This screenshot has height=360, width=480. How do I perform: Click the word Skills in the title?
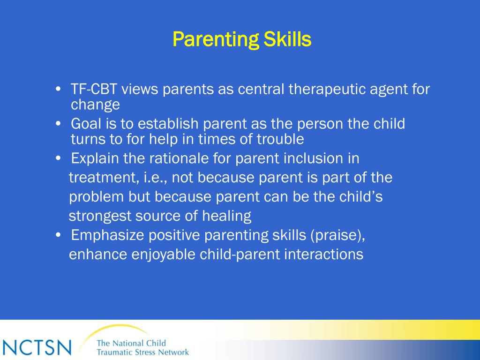tap(287, 39)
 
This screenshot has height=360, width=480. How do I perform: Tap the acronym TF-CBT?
tap(94, 89)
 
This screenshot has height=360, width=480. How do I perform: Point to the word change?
tap(95, 105)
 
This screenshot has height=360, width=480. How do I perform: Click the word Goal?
tap(86, 124)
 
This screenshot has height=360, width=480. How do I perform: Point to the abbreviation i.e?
tap(155, 178)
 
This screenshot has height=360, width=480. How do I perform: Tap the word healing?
tap(227, 216)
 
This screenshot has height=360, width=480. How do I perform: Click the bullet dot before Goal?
tap(59, 124)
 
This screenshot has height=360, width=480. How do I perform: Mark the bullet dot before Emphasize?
tap(59, 235)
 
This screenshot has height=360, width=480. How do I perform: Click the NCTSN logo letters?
tap(37, 347)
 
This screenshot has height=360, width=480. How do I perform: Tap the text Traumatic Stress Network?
tap(142, 352)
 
